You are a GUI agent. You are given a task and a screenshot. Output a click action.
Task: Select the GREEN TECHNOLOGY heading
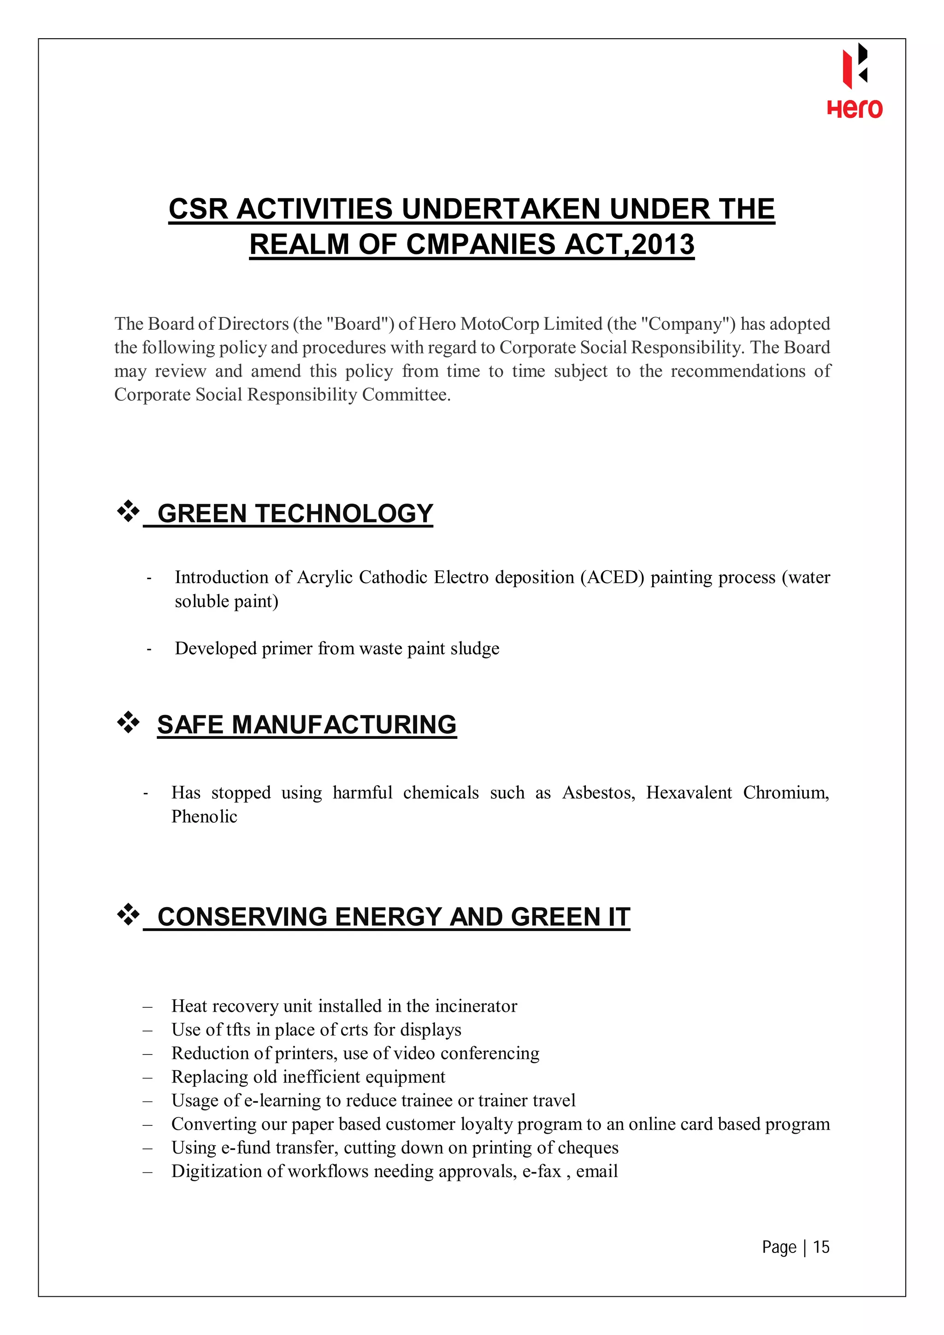tap(295, 514)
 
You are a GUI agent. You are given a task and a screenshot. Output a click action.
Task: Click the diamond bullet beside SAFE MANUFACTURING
tap(129, 722)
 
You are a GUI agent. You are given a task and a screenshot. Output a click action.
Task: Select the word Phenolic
tap(204, 816)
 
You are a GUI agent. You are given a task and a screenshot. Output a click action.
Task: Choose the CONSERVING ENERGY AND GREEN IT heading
tap(393, 917)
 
